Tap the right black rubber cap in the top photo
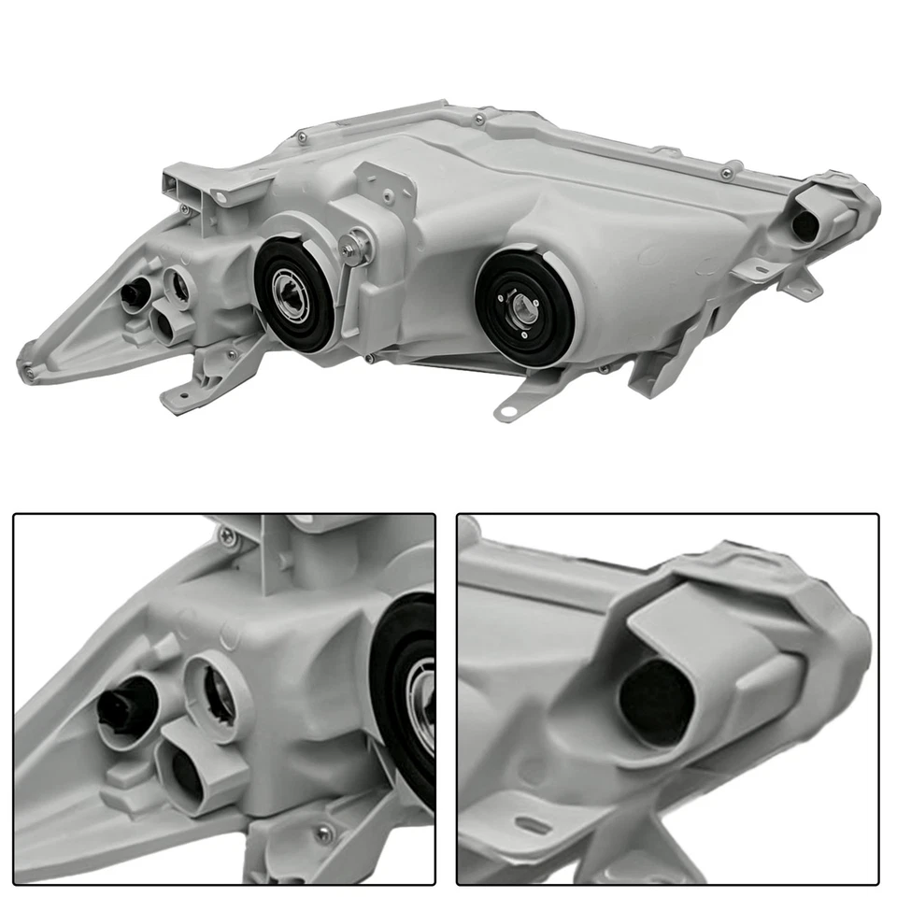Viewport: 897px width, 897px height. click(x=523, y=312)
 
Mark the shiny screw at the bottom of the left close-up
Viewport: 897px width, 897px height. click(x=323, y=834)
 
